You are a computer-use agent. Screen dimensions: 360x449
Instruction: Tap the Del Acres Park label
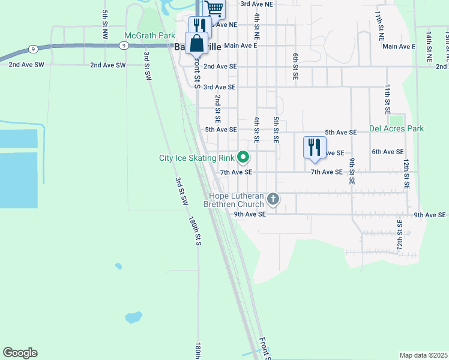(396, 128)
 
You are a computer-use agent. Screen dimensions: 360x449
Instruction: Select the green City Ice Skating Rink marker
(243, 158)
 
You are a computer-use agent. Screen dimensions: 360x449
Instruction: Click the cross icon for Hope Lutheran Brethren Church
(273, 199)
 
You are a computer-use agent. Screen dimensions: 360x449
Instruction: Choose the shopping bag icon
(197, 43)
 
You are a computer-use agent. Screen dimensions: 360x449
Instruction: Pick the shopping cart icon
(214, 8)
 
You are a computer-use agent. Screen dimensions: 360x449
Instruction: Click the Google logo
(20, 353)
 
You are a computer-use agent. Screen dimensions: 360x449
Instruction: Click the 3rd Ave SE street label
(220, 87)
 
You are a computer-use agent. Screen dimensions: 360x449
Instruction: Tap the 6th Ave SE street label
(388, 152)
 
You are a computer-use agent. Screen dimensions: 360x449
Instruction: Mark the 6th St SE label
(295, 67)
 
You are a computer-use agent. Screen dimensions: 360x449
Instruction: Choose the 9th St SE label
(352, 170)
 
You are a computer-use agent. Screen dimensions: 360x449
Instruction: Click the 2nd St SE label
(218, 108)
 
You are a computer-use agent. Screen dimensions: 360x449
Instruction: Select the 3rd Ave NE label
(256, 4)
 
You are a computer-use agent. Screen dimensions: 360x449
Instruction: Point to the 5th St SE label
(276, 130)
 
